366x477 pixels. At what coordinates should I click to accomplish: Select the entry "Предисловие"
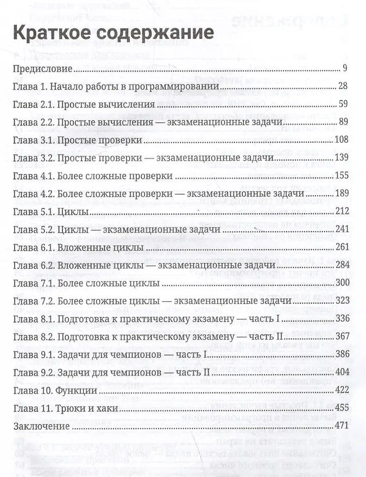(x=43, y=69)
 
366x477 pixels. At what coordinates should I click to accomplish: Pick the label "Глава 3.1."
(x=33, y=141)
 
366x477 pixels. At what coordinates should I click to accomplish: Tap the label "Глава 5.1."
(x=33, y=212)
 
